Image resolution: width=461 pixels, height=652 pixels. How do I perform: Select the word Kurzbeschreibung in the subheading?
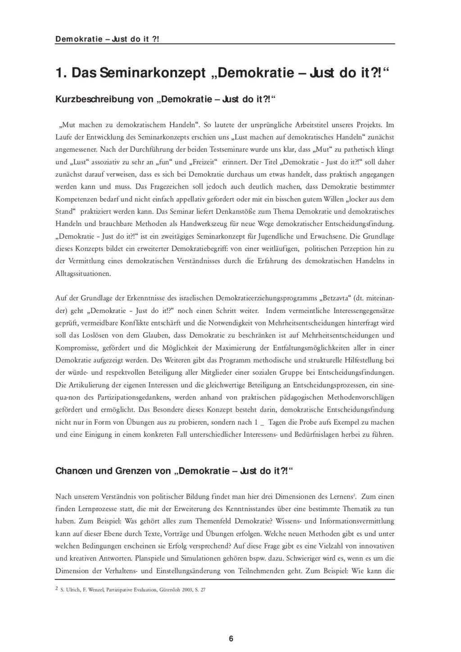tap(94, 100)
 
